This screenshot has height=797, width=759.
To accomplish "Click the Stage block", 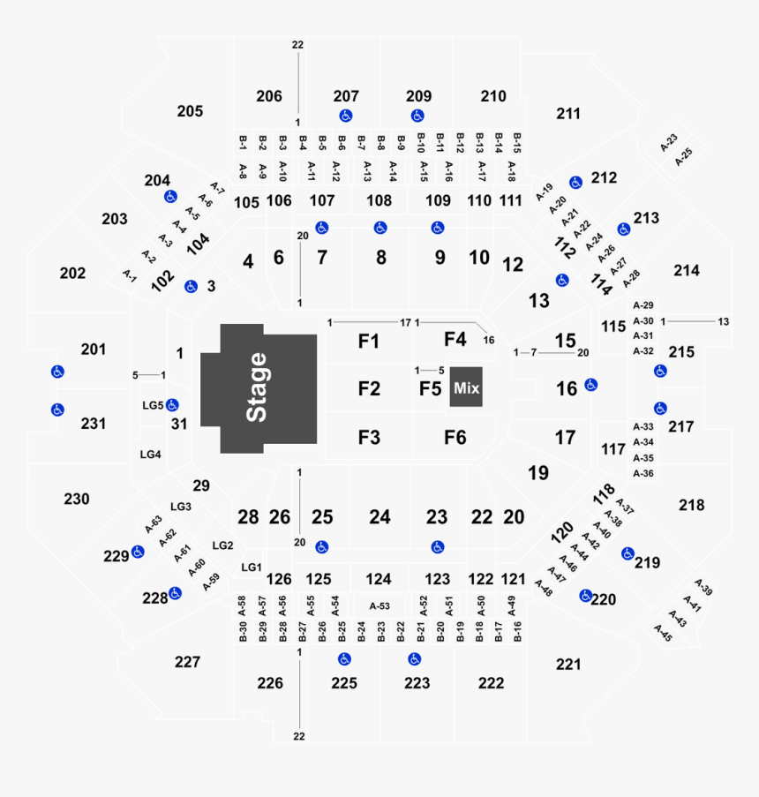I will coord(258,388).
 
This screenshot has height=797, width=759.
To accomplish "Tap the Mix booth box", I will coord(466,387).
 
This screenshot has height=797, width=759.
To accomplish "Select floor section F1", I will coord(369,341).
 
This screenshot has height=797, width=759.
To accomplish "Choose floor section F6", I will coord(455,437).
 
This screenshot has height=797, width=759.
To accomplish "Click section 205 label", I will coord(190,111).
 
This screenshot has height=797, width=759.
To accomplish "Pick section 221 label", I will coord(569,664).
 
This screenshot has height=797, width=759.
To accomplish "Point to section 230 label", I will coord(77,499).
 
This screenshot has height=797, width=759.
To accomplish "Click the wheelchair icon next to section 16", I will coord(591,385).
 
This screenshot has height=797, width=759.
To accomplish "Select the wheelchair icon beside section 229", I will coord(139,553).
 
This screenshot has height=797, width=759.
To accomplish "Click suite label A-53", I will coord(379,605).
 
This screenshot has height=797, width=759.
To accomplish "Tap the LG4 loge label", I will coord(151,455).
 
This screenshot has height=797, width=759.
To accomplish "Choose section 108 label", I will coord(379,200).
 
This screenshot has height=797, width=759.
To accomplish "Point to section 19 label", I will coord(537,473).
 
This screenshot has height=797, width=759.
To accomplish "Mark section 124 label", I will coord(379,580).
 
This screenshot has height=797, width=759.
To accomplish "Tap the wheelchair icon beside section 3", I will coord(191,287).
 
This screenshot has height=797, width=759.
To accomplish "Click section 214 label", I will coord(686,270).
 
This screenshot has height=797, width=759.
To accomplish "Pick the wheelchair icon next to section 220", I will coord(585,597).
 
